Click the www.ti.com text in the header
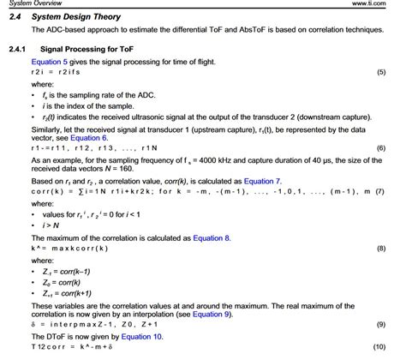[x=380, y=3]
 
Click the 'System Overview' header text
[x=31, y=3]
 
